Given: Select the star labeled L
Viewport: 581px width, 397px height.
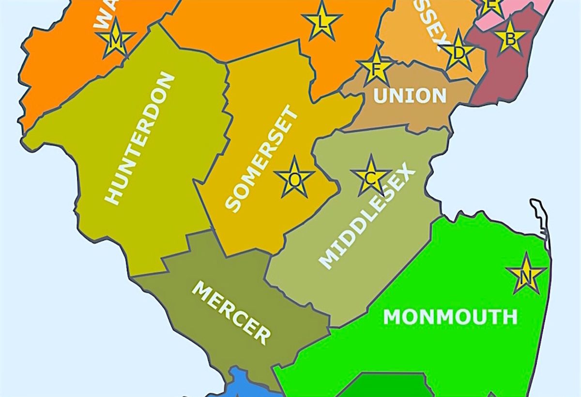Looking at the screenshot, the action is pos(321,20).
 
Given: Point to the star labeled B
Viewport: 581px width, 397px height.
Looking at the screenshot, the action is pos(510,37).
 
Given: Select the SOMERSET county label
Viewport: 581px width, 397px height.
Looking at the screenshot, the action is pos(262,160).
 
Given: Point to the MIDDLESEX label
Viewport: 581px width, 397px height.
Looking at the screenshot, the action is pos(367,218).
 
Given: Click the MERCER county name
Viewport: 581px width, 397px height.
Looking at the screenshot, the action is pos(231,313).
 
